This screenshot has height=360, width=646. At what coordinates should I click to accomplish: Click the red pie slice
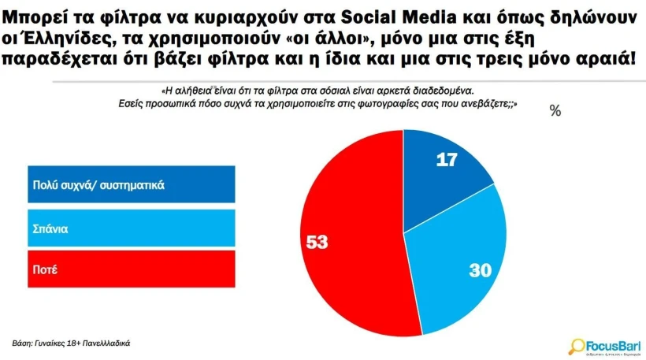click(x=347, y=260)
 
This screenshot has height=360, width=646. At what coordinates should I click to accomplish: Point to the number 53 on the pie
click(x=317, y=242)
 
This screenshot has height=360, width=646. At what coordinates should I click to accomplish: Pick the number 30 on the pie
click(x=480, y=270)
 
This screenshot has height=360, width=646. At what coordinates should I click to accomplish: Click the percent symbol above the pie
click(x=555, y=111)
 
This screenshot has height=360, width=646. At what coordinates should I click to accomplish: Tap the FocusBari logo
click(x=604, y=344)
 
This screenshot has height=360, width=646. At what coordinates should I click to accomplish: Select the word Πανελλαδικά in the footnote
click(x=110, y=343)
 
